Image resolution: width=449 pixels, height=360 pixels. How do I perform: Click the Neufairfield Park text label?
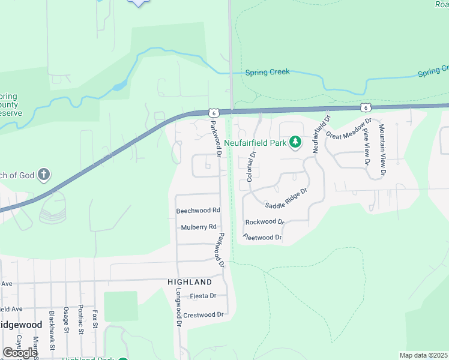[x=256, y=143]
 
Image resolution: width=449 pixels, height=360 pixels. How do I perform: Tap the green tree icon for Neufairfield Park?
[x=295, y=142]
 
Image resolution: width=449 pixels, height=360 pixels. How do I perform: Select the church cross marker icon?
[x=43, y=175]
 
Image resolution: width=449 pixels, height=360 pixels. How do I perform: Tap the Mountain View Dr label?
[x=382, y=150]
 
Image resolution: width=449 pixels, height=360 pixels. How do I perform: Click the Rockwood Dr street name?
[x=265, y=222]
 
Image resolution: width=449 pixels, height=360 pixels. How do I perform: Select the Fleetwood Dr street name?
[x=262, y=238]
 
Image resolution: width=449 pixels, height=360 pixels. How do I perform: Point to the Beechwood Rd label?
[x=198, y=211]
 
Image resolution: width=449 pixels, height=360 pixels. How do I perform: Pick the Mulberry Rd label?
[x=198, y=227]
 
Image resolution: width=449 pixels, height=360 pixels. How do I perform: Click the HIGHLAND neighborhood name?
[x=190, y=282]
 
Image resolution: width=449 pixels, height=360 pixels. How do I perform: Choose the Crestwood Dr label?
[x=203, y=314]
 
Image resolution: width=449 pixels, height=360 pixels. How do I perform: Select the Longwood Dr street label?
[x=178, y=310]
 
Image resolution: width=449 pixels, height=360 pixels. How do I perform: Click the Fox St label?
[x=95, y=318]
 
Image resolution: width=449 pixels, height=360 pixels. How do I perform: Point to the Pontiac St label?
[x=80, y=317]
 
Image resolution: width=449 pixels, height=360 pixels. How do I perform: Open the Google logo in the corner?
[x=20, y=353]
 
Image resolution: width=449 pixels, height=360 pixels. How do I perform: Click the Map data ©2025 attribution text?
[x=424, y=356]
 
